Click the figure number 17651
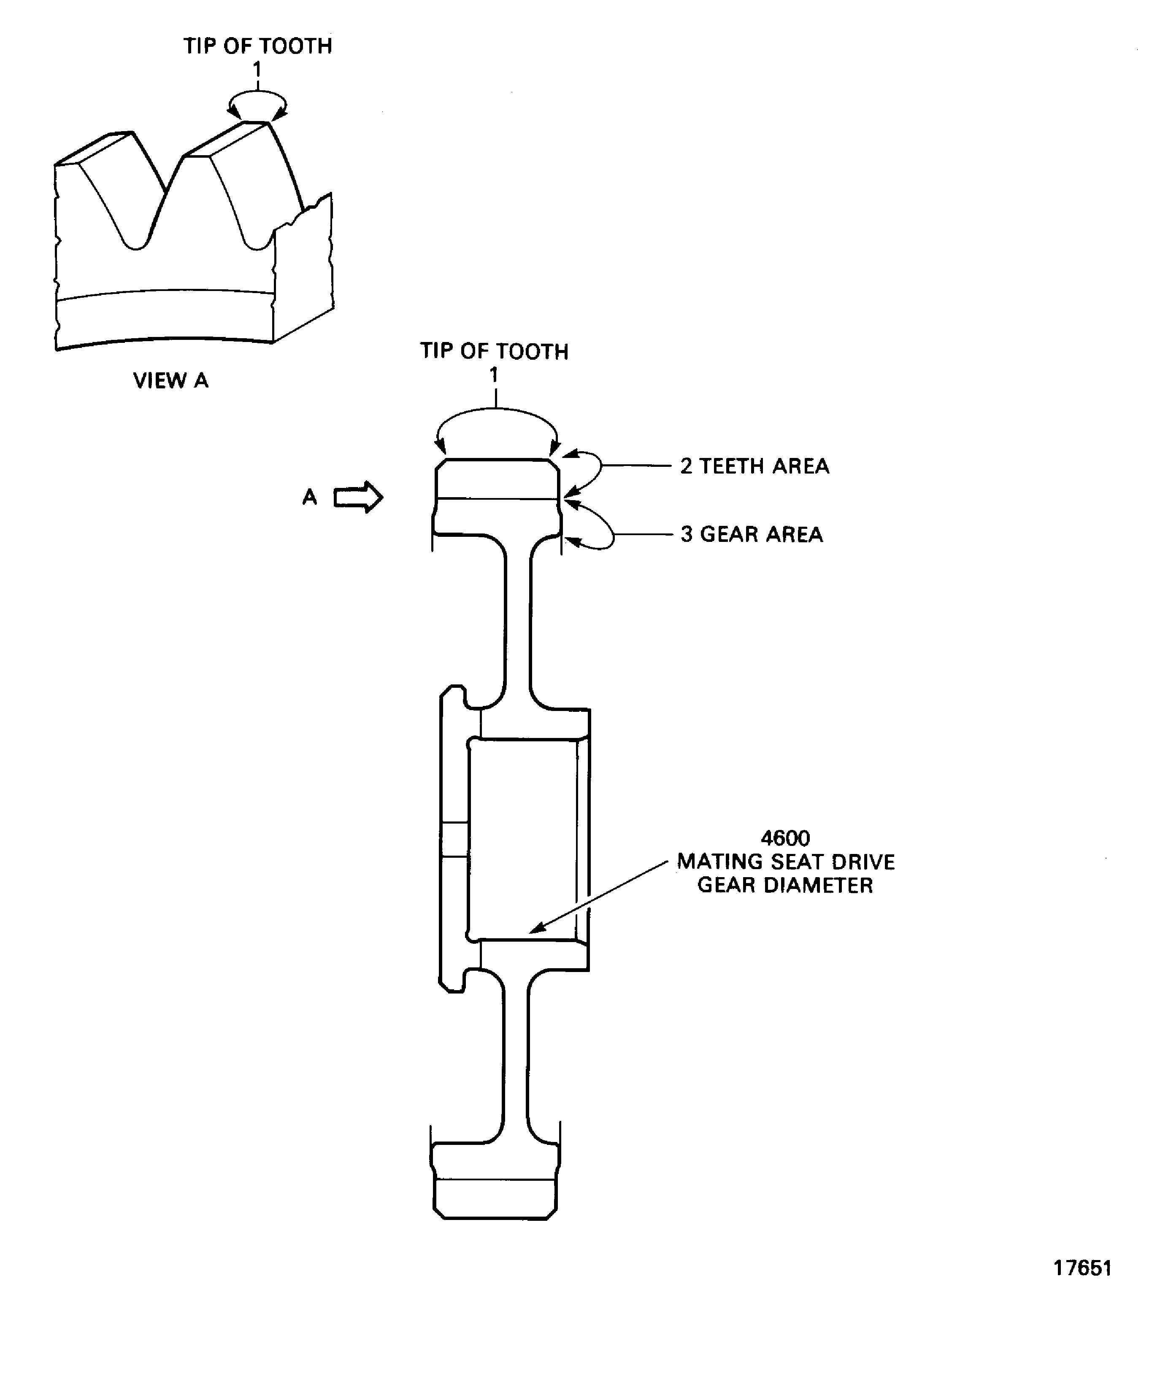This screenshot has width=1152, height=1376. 1082,1286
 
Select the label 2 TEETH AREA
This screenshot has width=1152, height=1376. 754,466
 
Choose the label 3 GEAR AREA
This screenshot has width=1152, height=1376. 752,534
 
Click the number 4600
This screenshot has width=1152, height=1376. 785,838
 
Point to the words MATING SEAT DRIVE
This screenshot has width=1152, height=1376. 785,862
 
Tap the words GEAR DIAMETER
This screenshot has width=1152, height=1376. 785,885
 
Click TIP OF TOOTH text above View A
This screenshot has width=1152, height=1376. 258,46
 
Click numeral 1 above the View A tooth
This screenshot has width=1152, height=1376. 257,69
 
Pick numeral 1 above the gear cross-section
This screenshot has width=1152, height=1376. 494,375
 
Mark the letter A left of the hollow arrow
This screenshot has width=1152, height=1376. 309,497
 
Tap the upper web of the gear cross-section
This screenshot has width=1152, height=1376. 517,622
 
